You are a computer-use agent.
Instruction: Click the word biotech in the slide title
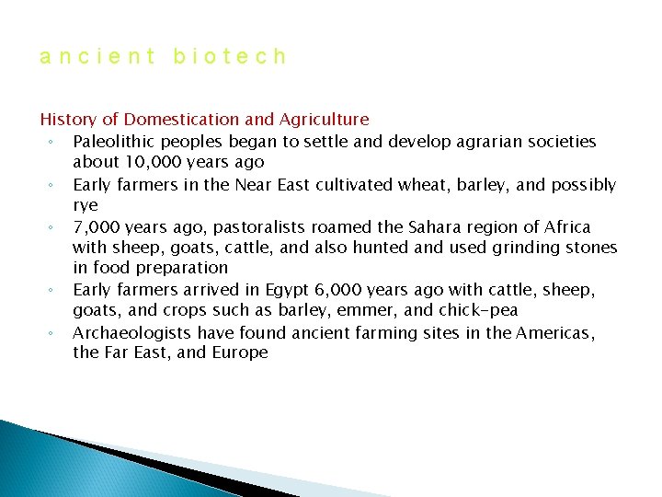230,57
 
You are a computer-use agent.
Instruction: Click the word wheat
419,185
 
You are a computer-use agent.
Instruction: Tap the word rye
86,205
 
